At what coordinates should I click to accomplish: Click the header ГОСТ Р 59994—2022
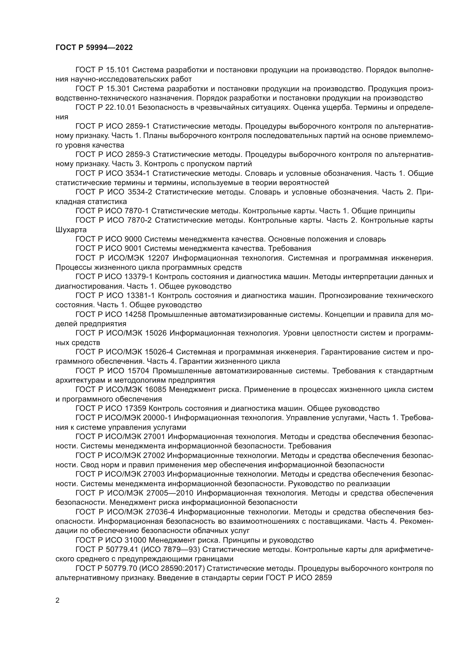coord(94,48)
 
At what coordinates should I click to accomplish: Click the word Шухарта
coord(71,230)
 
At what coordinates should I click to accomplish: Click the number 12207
coord(157,258)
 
